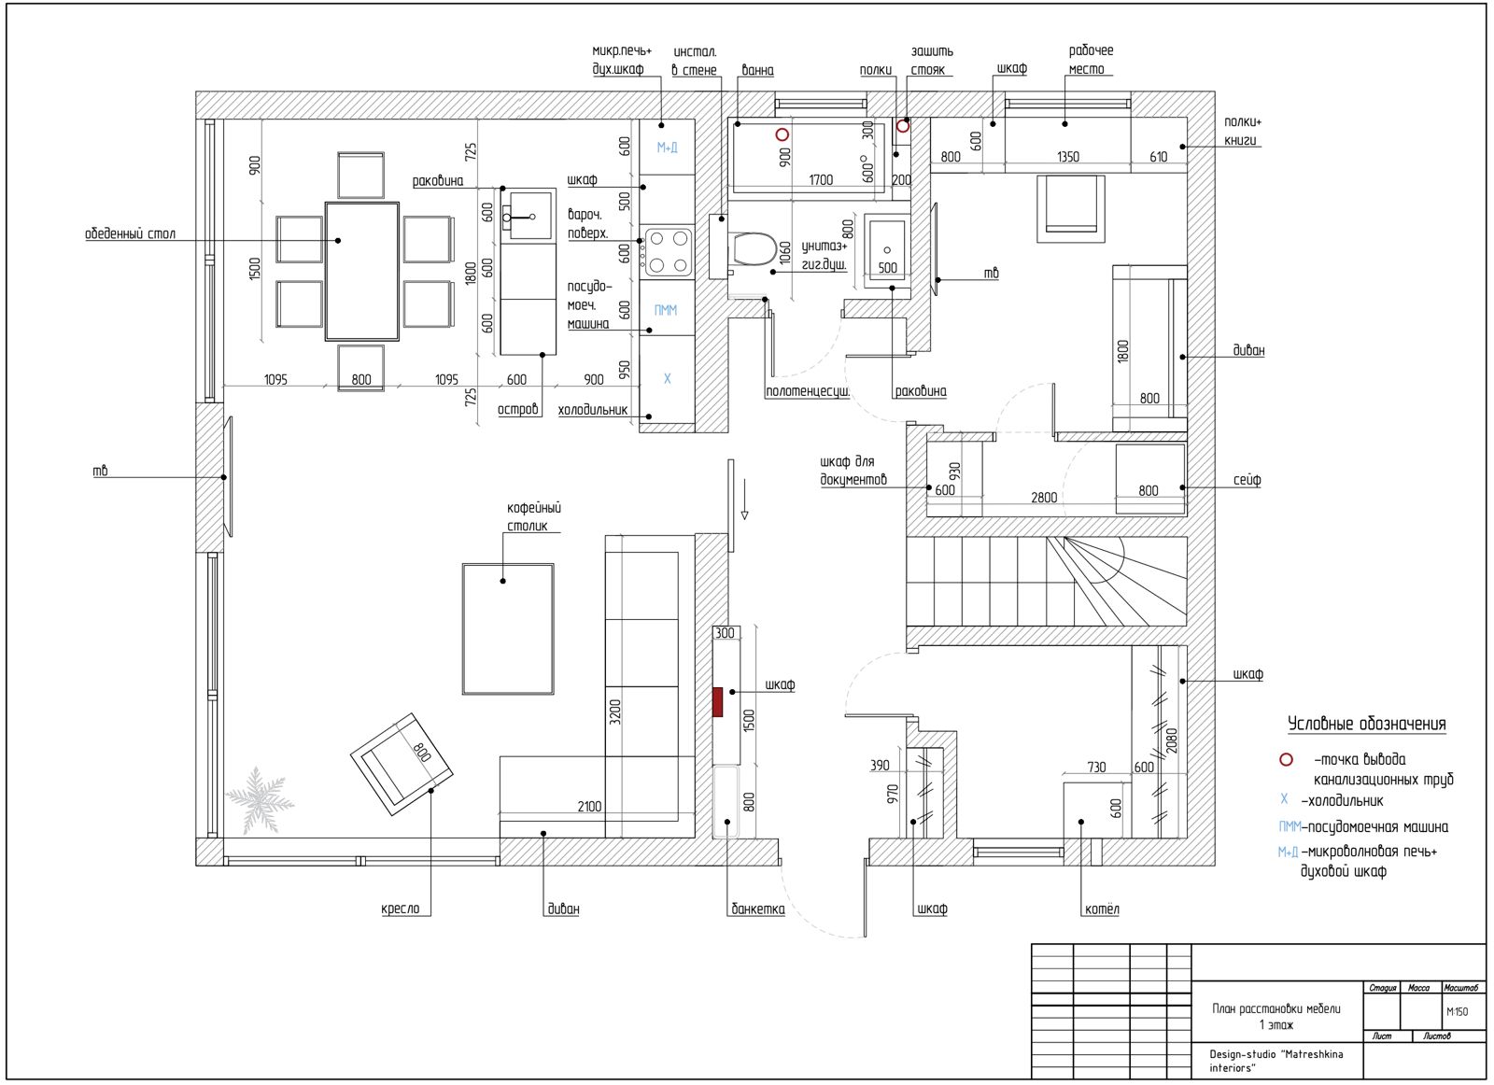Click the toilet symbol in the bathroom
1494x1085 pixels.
pos(754,249)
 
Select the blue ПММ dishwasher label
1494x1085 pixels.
pos(666,310)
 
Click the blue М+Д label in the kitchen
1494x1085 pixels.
pos(667,148)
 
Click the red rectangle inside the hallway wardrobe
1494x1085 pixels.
pos(718,702)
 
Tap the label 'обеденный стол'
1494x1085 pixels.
pos(130,233)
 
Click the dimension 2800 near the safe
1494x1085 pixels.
pos(1044,498)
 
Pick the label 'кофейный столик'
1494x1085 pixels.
pos(533,517)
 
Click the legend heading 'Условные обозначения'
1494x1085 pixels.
pos(1366,725)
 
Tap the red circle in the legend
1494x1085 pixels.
pos(1287,759)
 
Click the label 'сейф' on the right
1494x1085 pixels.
pos(1247,480)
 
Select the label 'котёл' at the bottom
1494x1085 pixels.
pos(1102,909)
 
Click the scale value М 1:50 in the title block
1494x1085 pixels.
pos(1458,1011)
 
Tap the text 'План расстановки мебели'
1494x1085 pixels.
pos(1276,1009)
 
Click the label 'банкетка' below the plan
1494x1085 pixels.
pos(758,909)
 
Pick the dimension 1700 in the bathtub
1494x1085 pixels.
pos(821,180)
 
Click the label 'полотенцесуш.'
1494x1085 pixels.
pos(808,391)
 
